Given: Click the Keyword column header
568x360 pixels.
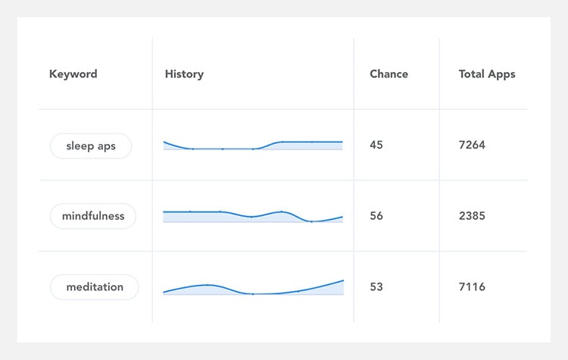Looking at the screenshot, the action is pos(73,74).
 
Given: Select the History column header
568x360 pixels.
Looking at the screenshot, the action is pos(184,74).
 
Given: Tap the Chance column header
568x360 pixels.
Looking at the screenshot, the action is pos(389,74).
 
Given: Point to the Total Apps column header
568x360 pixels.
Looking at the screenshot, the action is pos(487,74).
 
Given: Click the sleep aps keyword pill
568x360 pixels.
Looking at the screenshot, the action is pos(91,146).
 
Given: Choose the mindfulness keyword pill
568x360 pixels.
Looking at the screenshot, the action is pos(93,216).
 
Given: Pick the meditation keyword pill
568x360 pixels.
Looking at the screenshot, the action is pos(94,287).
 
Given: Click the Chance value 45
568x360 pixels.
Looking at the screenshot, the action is pos(376,145).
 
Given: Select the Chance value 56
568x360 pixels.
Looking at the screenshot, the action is pos(376,216).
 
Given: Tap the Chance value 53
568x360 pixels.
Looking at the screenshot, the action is pos(376,287).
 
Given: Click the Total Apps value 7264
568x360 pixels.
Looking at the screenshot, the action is pos(472,145).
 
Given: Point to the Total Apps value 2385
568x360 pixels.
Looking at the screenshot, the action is pos(472,216).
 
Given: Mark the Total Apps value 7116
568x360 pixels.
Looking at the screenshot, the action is pos(472,287).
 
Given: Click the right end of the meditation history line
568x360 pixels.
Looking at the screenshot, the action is pos(343,280).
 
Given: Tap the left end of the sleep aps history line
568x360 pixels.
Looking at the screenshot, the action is pos(164,142).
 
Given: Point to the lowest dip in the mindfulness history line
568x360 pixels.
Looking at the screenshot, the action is pos(311,221).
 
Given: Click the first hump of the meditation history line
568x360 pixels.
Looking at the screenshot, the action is pos(208,285).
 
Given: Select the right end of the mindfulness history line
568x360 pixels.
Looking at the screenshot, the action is pos(342,218).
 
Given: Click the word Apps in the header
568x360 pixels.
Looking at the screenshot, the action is pos(501,75).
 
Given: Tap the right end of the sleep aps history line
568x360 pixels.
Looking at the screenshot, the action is pos(342,142).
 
